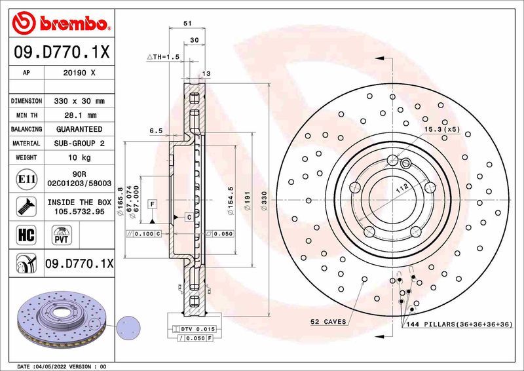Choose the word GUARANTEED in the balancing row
(x=79, y=129)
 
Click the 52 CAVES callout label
(x=327, y=322)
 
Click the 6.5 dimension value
(x=156, y=130)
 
